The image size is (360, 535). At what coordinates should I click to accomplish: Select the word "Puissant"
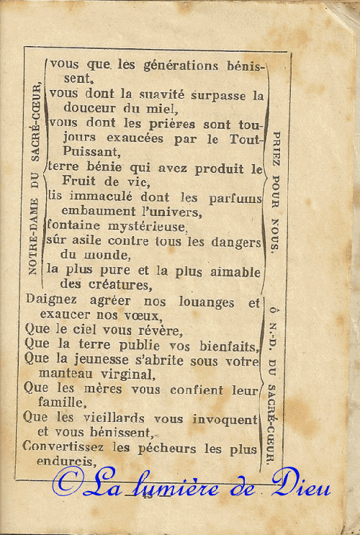tap(91, 152)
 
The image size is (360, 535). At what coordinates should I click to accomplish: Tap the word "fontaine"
tap(73, 226)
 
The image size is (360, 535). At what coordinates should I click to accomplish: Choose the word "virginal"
tap(123, 374)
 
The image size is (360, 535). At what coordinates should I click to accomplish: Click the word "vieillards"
tap(110, 418)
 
